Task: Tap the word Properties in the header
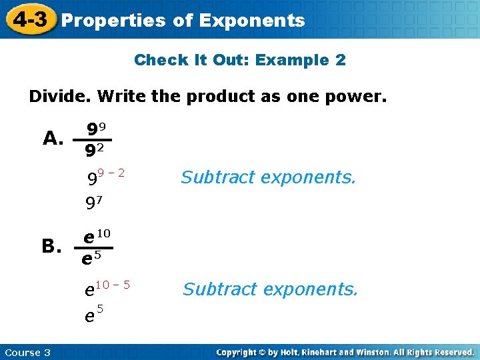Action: tap(113, 21)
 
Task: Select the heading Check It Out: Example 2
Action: tap(240, 60)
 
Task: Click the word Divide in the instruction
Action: tap(60, 97)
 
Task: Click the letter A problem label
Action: tap(53, 138)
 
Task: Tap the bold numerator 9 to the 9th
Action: tap(97, 128)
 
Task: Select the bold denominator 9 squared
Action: tap(97, 151)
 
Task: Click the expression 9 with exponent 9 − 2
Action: tap(107, 177)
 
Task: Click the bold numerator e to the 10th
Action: tap(97, 235)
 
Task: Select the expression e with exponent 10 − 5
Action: tap(107, 288)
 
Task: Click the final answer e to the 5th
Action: tap(93, 313)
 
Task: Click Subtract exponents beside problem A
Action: tap(269, 177)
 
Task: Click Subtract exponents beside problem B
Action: tap(270, 289)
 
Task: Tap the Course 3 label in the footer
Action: tap(27, 352)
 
